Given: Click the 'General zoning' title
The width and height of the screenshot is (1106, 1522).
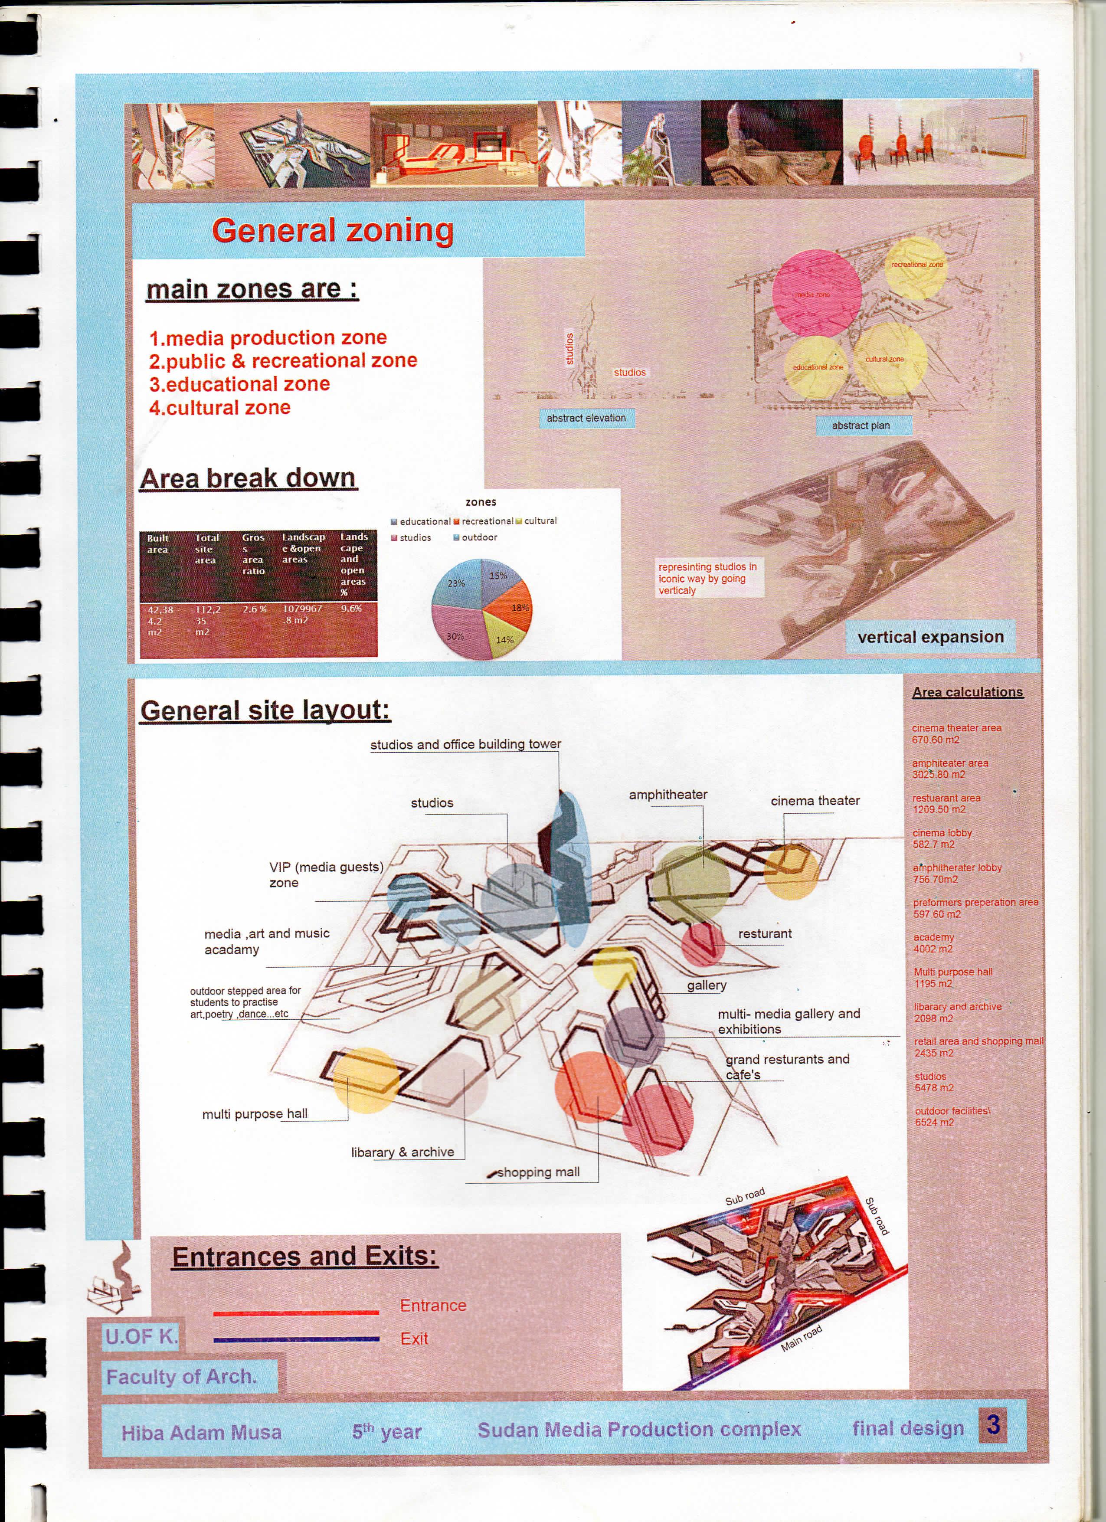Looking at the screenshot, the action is [333, 230].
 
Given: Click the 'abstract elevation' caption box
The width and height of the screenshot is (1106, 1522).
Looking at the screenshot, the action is [586, 418].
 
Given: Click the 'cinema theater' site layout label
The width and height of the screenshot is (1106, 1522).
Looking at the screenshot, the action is [815, 801].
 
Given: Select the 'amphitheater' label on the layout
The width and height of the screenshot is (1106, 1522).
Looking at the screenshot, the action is [668, 795].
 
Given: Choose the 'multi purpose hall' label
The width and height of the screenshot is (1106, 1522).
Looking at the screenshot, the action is [255, 1114].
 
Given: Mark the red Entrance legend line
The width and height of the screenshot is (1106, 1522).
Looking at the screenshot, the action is [296, 1313].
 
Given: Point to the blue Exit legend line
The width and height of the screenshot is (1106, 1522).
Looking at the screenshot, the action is [296, 1339].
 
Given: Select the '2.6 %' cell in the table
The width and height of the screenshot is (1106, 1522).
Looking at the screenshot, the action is [254, 610].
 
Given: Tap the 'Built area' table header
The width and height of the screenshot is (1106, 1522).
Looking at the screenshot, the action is [158, 543].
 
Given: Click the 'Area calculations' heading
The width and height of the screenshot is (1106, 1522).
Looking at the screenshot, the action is [967, 692].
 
